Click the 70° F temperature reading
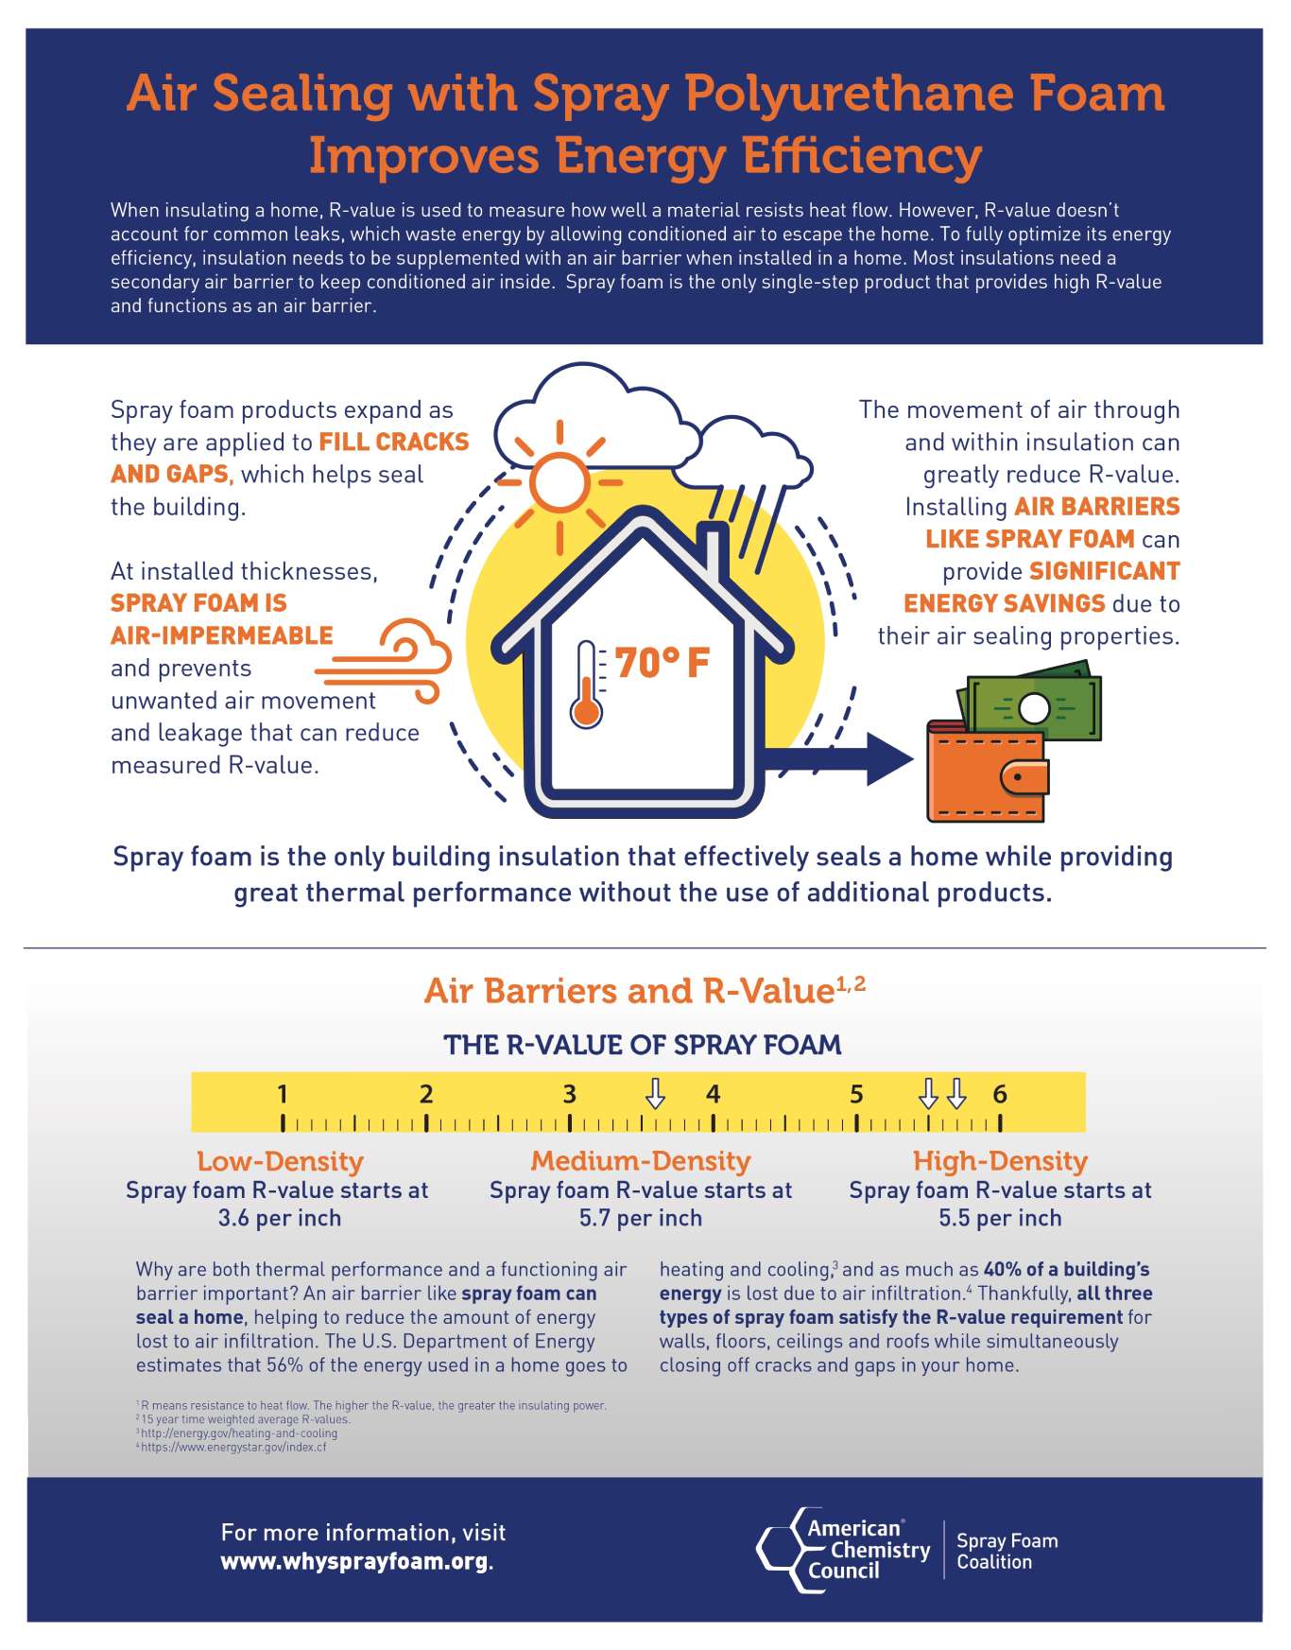point(662,664)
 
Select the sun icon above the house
point(559,482)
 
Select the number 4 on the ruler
point(713,1095)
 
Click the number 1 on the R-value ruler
point(282,1095)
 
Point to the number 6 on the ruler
point(1000,1095)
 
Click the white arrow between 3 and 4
point(655,1094)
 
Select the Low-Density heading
point(280,1161)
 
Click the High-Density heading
point(1000,1161)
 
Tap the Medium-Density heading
point(641,1161)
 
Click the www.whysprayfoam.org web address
point(355,1561)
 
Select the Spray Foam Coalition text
point(1007,1551)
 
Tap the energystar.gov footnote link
point(233,1447)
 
